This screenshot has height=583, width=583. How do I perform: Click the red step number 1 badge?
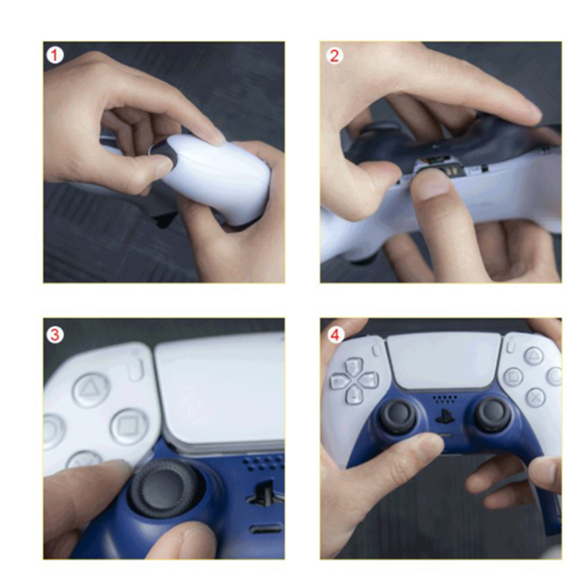click(55, 56)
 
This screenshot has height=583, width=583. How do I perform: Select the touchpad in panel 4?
click(444, 361)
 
